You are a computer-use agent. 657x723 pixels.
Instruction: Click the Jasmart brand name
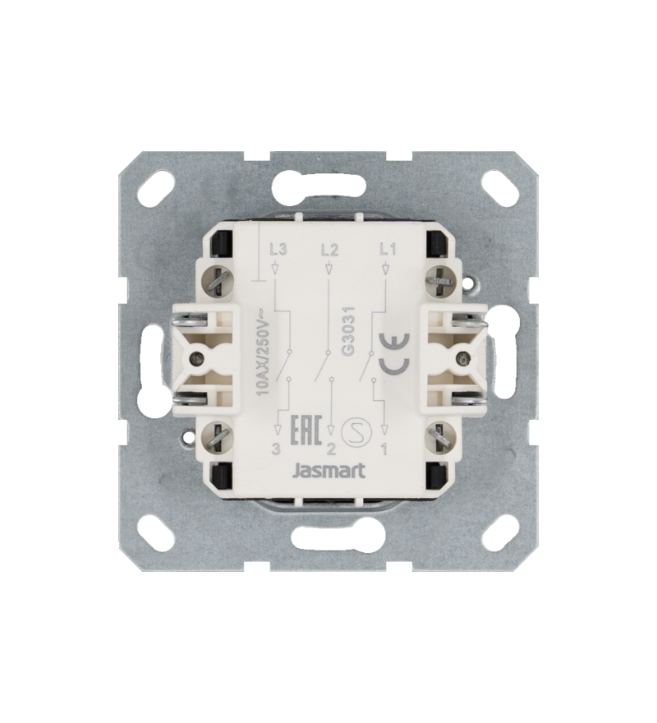coord(329,471)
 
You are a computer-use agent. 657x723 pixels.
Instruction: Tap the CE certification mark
coord(393,353)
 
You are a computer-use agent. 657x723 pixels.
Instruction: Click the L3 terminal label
coord(278,251)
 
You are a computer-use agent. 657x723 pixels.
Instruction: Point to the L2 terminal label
coord(330,251)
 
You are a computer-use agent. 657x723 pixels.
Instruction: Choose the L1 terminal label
coord(388,251)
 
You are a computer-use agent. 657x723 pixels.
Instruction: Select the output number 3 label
coord(276,449)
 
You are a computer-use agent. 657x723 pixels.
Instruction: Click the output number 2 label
coord(331,449)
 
